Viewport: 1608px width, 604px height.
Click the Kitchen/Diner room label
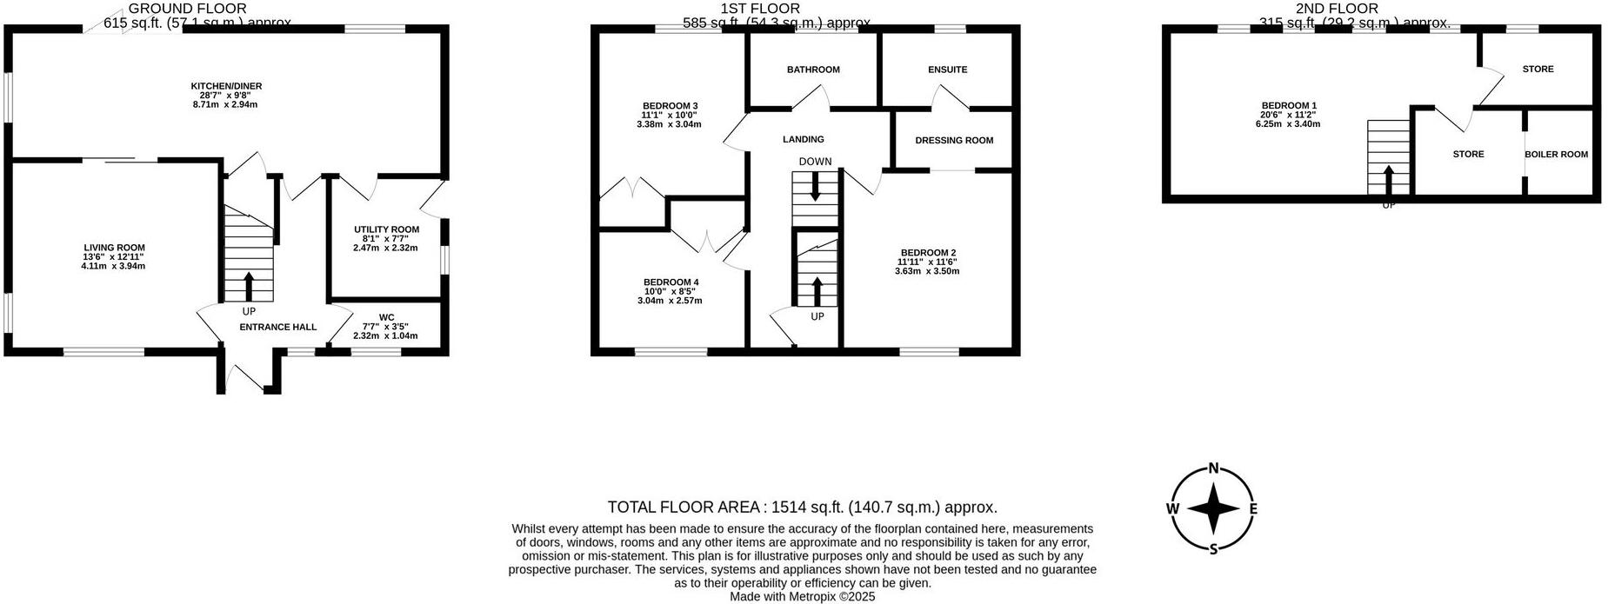(x=226, y=87)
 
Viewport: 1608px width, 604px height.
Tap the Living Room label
(x=114, y=248)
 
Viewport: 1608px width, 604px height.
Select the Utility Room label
(x=386, y=229)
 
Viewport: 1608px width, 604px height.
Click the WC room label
(x=386, y=317)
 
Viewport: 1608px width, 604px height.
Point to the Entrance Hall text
(x=277, y=327)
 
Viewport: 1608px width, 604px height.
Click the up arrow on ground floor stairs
(x=249, y=284)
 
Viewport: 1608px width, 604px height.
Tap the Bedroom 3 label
(x=670, y=106)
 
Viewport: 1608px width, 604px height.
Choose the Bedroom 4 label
(x=671, y=282)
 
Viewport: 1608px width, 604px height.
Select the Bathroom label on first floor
(x=813, y=70)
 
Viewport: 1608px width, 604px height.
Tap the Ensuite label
(x=947, y=70)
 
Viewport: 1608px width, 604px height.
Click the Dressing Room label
(x=954, y=140)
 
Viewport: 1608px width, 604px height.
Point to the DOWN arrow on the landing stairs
(x=815, y=187)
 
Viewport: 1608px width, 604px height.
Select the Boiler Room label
(x=1556, y=155)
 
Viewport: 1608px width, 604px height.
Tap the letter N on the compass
(x=1213, y=468)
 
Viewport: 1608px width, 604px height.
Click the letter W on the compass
(x=1172, y=509)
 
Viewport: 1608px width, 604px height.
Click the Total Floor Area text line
(x=802, y=508)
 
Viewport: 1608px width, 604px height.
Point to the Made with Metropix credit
(x=802, y=597)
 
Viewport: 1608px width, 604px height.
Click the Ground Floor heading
(x=175, y=9)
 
